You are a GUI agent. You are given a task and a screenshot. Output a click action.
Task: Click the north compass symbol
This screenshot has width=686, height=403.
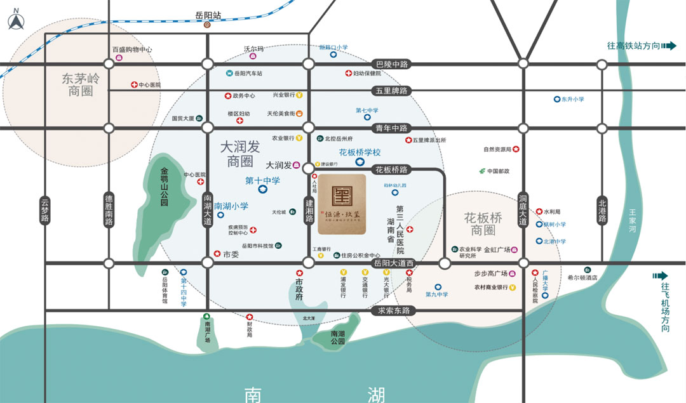(15, 21)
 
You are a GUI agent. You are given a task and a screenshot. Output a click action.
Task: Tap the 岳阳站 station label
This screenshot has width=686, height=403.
(208, 14)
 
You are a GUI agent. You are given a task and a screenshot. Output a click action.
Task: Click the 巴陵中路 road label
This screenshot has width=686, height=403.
(391, 64)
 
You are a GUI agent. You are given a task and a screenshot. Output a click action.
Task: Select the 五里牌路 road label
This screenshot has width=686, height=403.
(391, 91)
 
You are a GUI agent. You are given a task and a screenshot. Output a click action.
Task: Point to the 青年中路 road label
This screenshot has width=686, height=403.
(391, 127)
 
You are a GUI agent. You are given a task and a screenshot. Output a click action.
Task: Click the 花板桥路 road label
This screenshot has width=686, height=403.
(391, 169)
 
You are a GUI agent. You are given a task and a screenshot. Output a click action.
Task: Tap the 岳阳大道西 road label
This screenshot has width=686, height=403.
(394, 263)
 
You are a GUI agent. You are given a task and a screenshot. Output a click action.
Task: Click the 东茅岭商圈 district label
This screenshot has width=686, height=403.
(81, 84)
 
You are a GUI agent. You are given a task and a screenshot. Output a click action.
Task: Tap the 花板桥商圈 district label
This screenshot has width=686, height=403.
(483, 223)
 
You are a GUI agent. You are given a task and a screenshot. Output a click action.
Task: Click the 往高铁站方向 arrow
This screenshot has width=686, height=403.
(669, 46)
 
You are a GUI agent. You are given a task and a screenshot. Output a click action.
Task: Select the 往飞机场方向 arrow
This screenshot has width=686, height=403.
(664, 276)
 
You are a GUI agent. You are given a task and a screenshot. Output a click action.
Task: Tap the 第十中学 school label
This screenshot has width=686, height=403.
(262, 181)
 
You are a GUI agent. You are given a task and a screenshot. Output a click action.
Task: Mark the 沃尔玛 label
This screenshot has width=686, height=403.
(253, 48)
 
